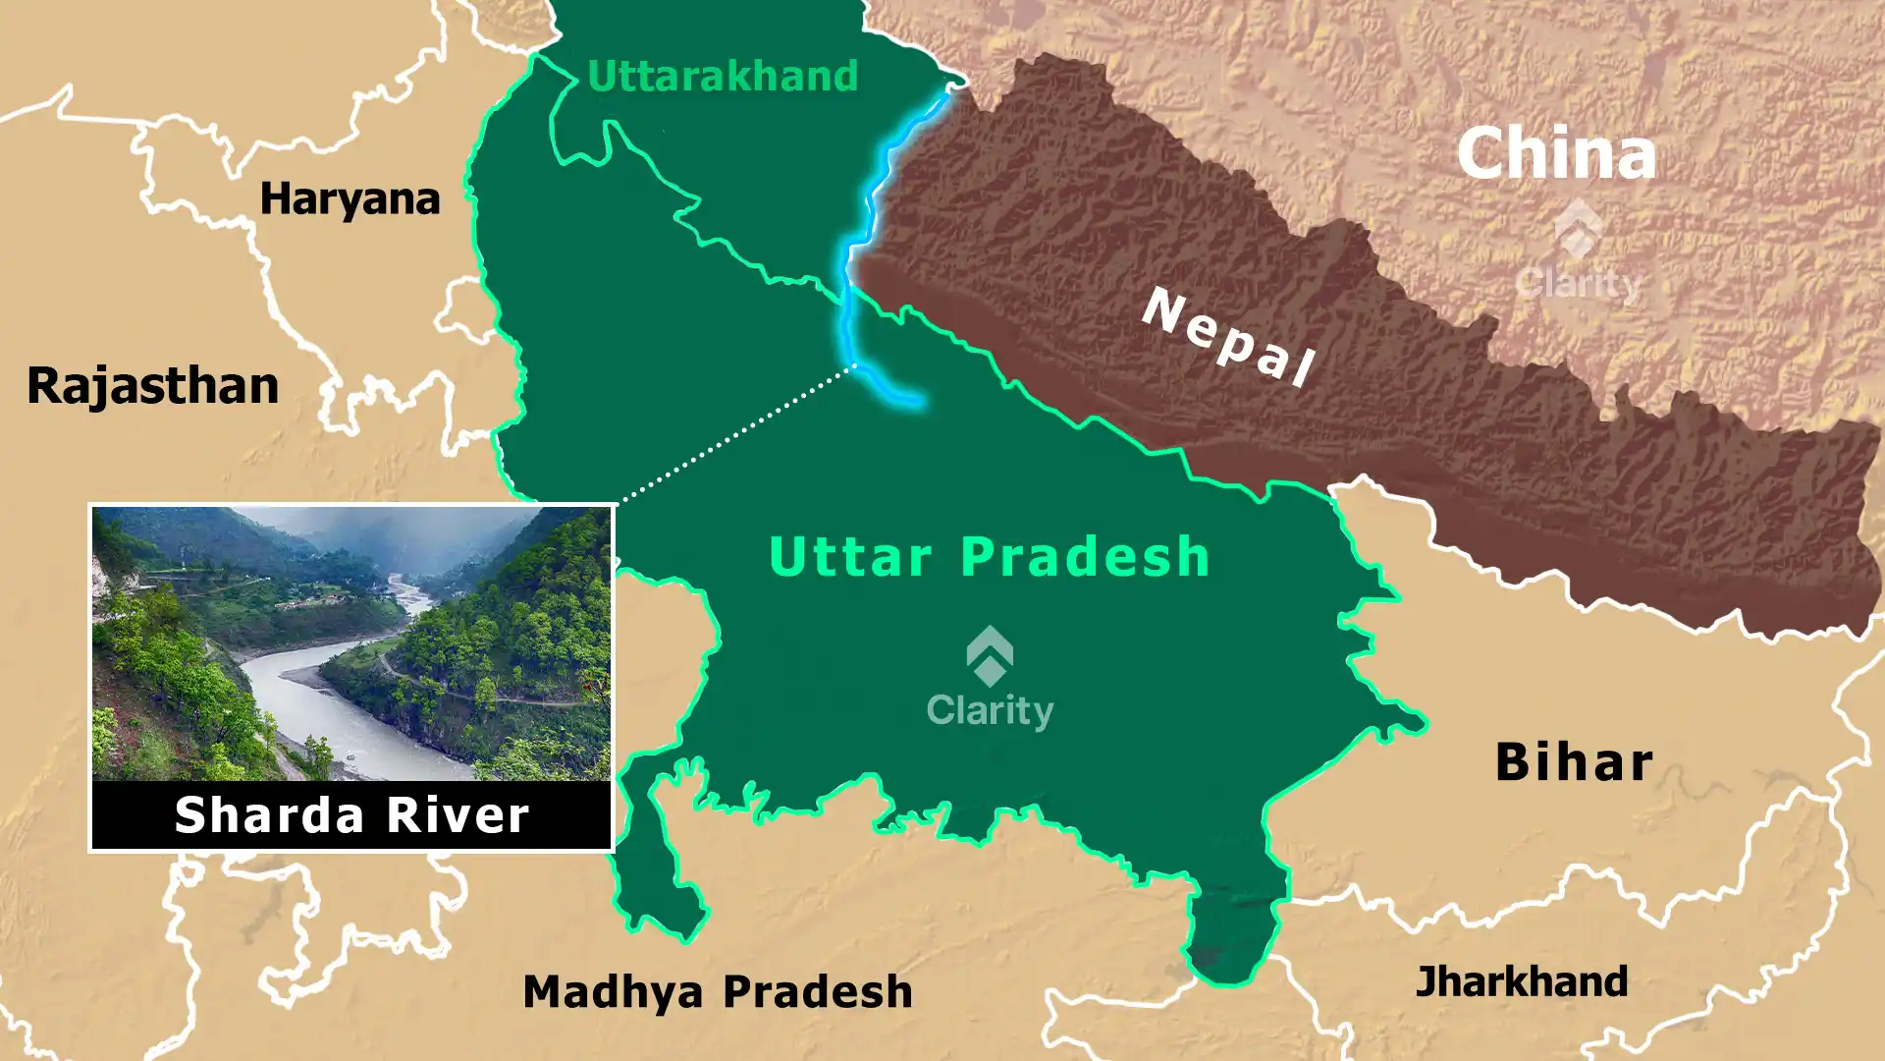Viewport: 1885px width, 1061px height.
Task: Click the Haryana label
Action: pos(350,199)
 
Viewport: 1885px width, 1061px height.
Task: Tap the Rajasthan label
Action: pos(153,385)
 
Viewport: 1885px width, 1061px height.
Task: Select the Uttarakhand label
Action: pos(723,77)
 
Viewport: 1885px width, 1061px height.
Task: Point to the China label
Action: pos(1556,154)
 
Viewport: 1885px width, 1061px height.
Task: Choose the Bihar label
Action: pos(1574,762)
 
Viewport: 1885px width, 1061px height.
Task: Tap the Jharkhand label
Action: pos(1521,981)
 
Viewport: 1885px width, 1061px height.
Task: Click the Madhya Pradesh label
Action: pos(718,991)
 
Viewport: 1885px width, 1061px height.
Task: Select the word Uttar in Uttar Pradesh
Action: pos(850,557)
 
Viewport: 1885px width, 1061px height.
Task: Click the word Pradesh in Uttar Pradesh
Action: pos(1085,557)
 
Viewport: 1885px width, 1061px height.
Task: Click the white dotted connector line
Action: pos(736,432)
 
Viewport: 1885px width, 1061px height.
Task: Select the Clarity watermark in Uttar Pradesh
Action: pos(990,709)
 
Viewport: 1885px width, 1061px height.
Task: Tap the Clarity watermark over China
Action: pos(1577,283)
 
